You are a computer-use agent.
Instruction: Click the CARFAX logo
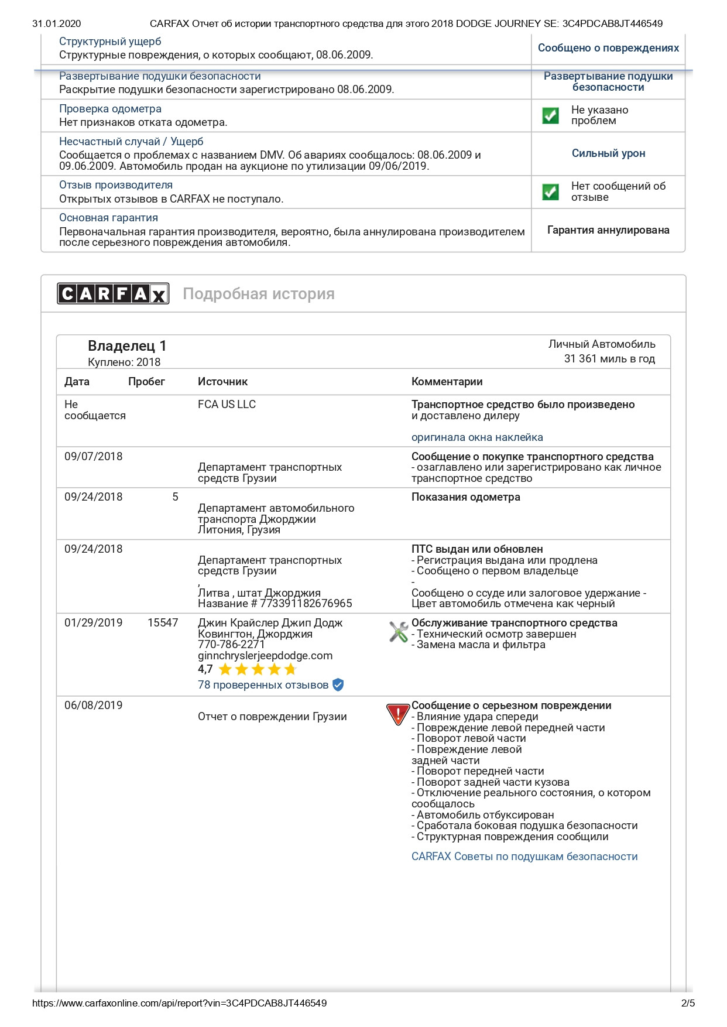(113, 293)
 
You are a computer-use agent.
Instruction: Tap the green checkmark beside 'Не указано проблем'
(550, 115)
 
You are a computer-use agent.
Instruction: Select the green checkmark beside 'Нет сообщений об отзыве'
(550, 191)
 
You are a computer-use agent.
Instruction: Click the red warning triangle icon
(397, 714)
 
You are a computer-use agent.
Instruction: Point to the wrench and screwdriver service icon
(399, 632)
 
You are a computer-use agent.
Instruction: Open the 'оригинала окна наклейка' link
(477, 437)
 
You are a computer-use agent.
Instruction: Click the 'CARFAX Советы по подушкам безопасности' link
(524, 857)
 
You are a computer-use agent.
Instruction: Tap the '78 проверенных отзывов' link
(263, 685)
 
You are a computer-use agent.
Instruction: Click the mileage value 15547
(163, 623)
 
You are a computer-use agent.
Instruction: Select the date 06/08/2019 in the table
(94, 706)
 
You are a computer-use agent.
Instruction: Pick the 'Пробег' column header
(146, 382)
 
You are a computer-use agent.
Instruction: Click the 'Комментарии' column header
(447, 382)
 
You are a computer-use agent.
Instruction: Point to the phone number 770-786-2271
(231, 645)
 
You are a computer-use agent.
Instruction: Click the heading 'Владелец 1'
(127, 346)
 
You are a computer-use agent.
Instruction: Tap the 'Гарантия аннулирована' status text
(608, 230)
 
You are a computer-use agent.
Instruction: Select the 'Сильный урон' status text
(608, 153)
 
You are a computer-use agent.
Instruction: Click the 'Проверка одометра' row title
(110, 109)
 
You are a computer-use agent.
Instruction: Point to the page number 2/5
(688, 1003)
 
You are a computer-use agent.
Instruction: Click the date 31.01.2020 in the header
(57, 24)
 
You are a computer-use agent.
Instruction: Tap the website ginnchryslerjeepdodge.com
(265, 656)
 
